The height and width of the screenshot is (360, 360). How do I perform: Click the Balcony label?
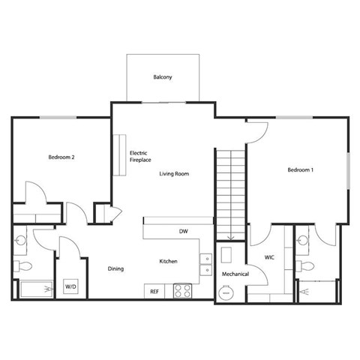coord(163,77)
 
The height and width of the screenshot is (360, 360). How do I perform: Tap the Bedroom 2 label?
coord(61,157)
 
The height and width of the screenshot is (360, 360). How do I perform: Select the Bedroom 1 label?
coord(300,170)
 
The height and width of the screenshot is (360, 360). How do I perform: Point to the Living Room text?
coord(173,174)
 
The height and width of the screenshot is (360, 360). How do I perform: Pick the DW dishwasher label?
coord(183,231)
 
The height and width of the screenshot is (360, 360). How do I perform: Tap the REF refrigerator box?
coord(154,290)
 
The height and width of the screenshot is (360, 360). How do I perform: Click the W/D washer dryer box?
coord(70,286)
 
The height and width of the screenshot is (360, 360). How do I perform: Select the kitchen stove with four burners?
coord(183,290)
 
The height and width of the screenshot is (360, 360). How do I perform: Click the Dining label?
coord(115,268)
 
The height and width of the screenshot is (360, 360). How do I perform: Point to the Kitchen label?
coord(167,261)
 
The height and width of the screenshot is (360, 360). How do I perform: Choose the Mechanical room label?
coord(235,274)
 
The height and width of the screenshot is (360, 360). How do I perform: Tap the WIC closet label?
coord(270,257)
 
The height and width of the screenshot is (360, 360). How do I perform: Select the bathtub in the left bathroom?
coord(34,289)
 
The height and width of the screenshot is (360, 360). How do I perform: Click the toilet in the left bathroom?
coord(22,266)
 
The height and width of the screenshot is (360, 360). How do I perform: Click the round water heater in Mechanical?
coord(224,292)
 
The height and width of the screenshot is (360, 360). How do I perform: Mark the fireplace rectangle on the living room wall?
coord(119,155)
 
